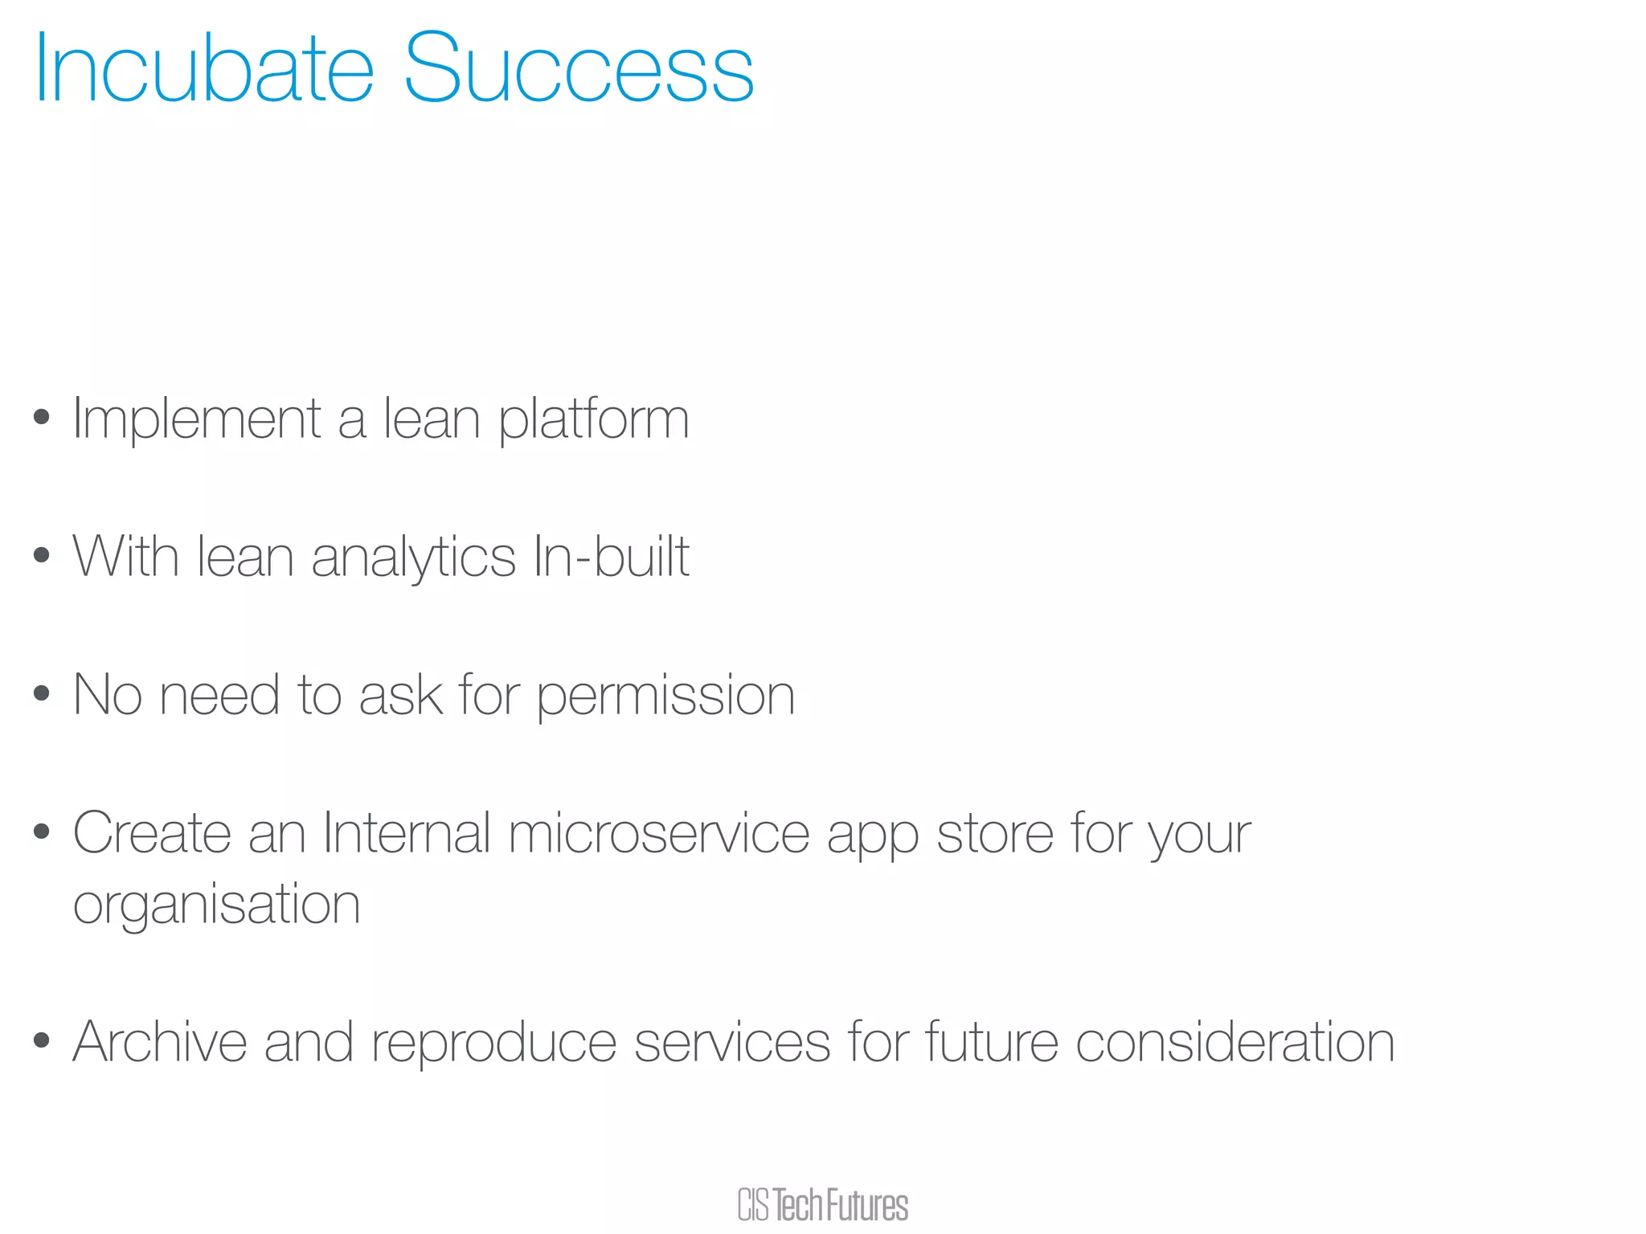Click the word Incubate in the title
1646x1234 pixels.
point(203,69)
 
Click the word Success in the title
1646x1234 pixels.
point(578,69)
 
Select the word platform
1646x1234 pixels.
point(593,419)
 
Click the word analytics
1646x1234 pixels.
point(413,558)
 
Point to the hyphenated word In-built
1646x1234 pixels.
point(611,556)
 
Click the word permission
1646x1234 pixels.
point(665,696)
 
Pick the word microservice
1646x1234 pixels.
point(659,833)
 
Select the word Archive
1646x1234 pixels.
point(159,1042)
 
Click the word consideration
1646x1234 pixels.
point(1234,1042)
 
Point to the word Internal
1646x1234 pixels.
point(406,833)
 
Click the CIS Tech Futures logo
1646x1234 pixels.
point(822,1205)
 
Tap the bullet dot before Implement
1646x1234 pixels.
point(42,417)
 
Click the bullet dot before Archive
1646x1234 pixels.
point(42,1040)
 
